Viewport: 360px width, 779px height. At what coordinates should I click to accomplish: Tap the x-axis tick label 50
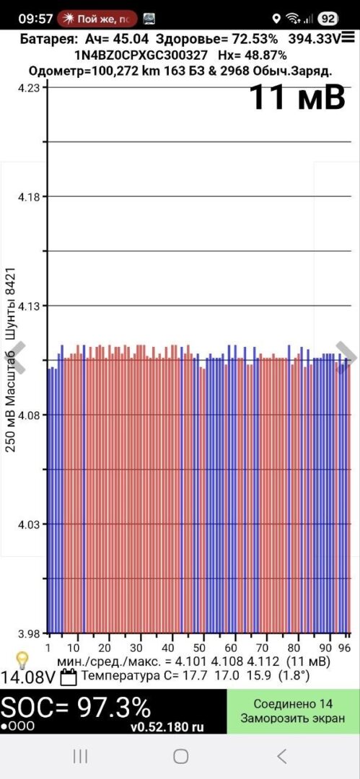pyautogui.click(x=199, y=648)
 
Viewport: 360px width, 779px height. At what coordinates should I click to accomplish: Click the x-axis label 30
pyautogui.click(x=136, y=648)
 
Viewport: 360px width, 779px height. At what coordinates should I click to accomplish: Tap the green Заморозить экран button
pyautogui.click(x=293, y=711)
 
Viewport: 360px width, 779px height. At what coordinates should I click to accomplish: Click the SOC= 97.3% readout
pyautogui.click(x=76, y=706)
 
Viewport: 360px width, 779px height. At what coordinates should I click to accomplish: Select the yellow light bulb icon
pyautogui.click(x=22, y=660)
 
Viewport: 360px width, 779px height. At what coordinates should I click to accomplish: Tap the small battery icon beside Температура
pyautogui.click(x=69, y=677)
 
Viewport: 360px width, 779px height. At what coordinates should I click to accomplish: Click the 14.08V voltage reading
pyautogui.click(x=28, y=677)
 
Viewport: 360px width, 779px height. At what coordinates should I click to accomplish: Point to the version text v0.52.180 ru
pyautogui.click(x=167, y=727)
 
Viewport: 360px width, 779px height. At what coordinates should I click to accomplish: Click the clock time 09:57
pyautogui.click(x=35, y=19)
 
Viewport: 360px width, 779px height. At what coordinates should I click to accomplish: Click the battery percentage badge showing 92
pyautogui.click(x=328, y=19)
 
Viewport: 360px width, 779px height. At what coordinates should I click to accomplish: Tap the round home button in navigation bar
pyautogui.click(x=180, y=756)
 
